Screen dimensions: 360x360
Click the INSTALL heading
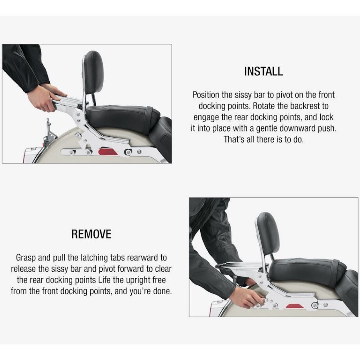coord(263,71)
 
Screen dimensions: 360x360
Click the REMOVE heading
coord(91,234)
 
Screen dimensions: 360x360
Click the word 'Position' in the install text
coord(206,95)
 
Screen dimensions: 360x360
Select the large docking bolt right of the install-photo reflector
coord(128,152)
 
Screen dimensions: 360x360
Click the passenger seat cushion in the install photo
coord(122,117)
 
